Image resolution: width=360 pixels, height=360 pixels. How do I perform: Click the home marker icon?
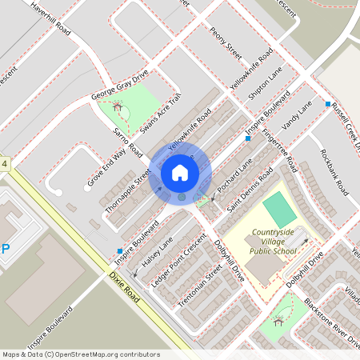pyautogui.click(x=180, y=173)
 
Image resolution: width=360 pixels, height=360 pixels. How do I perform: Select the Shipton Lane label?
pyautogui.click(x=265, y=82)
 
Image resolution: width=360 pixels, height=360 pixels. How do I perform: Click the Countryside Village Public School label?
pyautogui.click(x=274, y=242)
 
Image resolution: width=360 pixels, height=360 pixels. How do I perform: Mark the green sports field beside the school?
pyautogui.click(x=279, y=209)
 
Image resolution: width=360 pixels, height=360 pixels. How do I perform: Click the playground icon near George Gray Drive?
pyautogui.click(x=118, y=106)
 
